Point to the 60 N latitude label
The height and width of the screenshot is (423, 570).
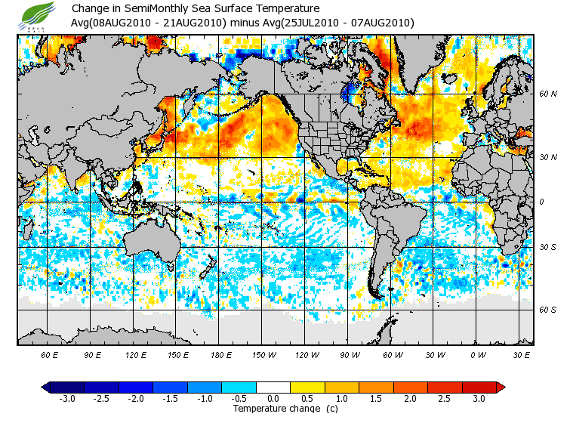(548, 94)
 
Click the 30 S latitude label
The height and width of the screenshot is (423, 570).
(548, 247)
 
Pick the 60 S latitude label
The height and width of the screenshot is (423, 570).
(548, 310)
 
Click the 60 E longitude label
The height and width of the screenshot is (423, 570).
(50, 355)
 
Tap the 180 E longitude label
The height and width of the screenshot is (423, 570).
(221, 355)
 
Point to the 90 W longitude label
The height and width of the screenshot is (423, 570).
(349, 355)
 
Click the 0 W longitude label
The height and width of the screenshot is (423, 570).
(477, 355)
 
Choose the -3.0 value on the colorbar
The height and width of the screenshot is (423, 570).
(66, 398)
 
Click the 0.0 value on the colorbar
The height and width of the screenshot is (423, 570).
(273, 398)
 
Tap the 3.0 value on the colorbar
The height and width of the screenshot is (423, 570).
(478, 398)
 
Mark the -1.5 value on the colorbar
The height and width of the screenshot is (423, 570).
(169, 398)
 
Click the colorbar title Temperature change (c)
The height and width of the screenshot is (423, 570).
(274, 409)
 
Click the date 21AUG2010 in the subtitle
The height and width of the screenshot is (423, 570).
(196, 23)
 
